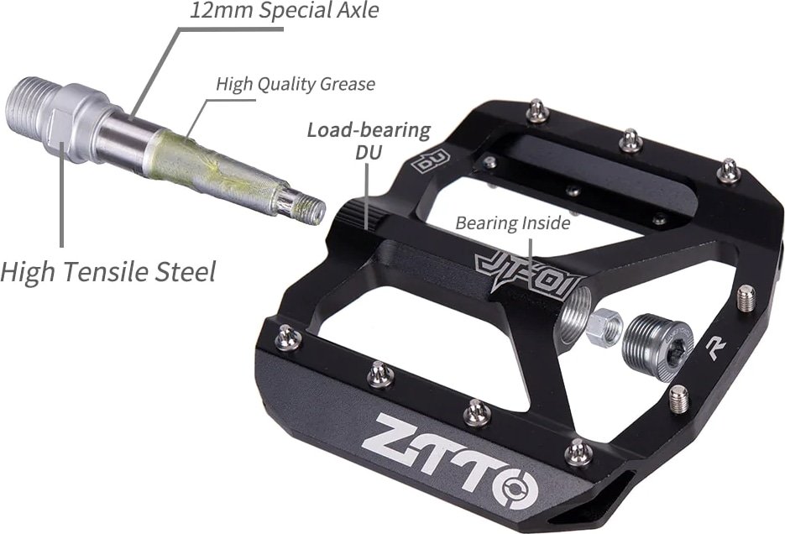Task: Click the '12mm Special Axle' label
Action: [284, 10]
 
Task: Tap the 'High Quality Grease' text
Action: [296, 84]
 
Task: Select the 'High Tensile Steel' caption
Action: [108, 272]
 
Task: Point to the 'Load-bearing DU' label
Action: [369, 140]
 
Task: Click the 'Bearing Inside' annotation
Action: [513, 222]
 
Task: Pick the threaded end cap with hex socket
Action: [657, 343]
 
